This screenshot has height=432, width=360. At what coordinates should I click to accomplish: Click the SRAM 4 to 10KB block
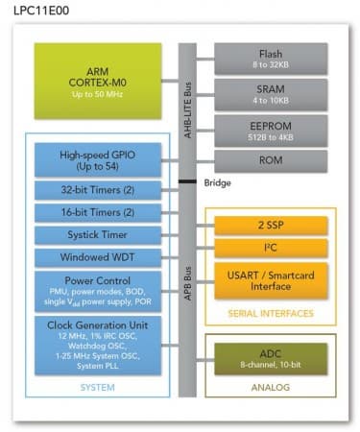pos(270,94)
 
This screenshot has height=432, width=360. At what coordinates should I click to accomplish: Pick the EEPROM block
pos(270,131)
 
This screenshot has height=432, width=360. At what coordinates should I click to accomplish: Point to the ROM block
pos(270,160)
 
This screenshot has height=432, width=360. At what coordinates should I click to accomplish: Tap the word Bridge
pos(218,182)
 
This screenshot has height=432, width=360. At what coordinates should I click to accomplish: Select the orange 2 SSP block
pos(270,226)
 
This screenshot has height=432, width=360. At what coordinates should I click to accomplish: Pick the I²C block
pos(270,250)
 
